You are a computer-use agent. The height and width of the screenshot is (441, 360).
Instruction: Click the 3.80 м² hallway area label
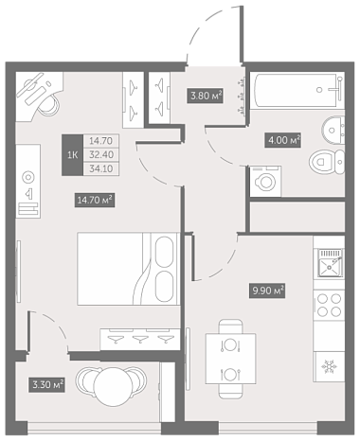click(x=206, y=96)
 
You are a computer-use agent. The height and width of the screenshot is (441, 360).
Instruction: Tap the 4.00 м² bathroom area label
click(x=282, y=140)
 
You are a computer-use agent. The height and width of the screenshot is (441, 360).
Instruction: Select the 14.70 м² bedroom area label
click(x=95, y=200)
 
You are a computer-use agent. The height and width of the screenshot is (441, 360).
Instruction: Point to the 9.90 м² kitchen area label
click(x=267, y=291)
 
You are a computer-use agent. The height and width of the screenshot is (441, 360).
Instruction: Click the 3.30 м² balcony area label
click(x=46, y=385)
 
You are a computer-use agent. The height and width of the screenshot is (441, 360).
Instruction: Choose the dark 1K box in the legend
click(x=72, y=155)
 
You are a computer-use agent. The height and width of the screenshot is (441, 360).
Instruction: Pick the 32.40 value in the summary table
click(x=101, y=154)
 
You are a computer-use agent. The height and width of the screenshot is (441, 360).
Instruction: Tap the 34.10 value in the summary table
click(x=101, y=168)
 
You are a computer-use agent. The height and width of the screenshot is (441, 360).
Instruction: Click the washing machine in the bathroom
click(x=265, y=182)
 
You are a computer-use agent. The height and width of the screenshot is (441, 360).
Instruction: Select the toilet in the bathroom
click(x=327, y=162)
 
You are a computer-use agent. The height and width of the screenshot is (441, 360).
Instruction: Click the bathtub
click(x=297, y=91)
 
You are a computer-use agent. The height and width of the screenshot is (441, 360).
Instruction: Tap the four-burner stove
click(x=329, y=305)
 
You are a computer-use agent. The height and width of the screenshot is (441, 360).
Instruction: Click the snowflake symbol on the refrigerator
click(x=329, y=366)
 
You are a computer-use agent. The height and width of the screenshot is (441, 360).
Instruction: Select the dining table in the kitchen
click(x=230, y=359)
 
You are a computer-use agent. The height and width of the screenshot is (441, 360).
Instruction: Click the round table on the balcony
click(x=114, y=387)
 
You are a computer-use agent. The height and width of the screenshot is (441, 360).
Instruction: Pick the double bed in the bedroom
click(x=128, y=269)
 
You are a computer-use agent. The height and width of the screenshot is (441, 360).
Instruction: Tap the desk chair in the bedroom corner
click(x=48, y=104)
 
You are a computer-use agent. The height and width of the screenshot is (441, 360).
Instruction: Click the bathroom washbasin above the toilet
click(x=333, y=130)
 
